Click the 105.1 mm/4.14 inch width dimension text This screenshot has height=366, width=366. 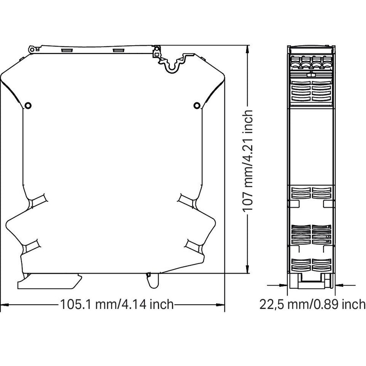(117, 304)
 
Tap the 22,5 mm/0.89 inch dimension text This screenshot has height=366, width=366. (312, 304)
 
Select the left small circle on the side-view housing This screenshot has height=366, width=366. (28, 106)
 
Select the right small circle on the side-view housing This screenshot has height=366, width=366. (197, 106)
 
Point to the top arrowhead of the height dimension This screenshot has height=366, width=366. (248, 50)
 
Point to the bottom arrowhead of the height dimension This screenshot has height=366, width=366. (248, 269)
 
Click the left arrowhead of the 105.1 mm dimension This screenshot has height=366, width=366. (5, 305)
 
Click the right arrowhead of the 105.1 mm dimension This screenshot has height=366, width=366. (220, 305)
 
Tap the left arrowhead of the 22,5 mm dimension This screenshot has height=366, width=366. (283, 285)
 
